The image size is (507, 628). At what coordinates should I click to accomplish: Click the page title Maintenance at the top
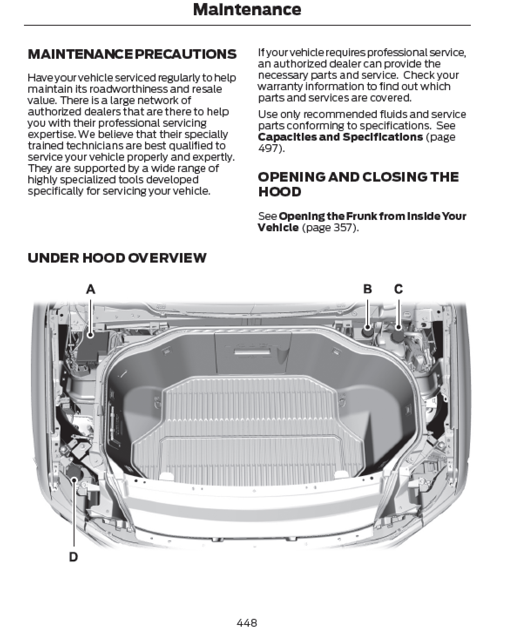tap(247, 10)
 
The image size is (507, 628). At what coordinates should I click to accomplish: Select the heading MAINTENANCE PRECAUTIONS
tap(132, 54)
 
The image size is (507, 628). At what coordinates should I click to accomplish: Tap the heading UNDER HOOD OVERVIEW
tap(117, 258)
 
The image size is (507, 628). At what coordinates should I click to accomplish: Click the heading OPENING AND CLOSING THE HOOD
tap(358, 184)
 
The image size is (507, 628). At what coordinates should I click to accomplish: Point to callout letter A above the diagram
tap(91, 289)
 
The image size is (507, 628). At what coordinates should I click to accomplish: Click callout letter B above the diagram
tap(368, 289)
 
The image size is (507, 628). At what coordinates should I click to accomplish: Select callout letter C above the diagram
tap(399, 289)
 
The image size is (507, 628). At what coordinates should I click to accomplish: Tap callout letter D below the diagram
tap(74, 557)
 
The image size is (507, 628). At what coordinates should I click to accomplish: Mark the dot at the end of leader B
tap(368, 327)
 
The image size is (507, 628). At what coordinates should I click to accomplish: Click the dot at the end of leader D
tap(74, 480)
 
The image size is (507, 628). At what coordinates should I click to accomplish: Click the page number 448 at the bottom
tap(247, 622)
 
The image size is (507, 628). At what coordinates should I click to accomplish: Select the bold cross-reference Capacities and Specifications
tap(340, 137)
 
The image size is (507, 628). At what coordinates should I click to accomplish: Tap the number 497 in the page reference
tap(269, 149)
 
